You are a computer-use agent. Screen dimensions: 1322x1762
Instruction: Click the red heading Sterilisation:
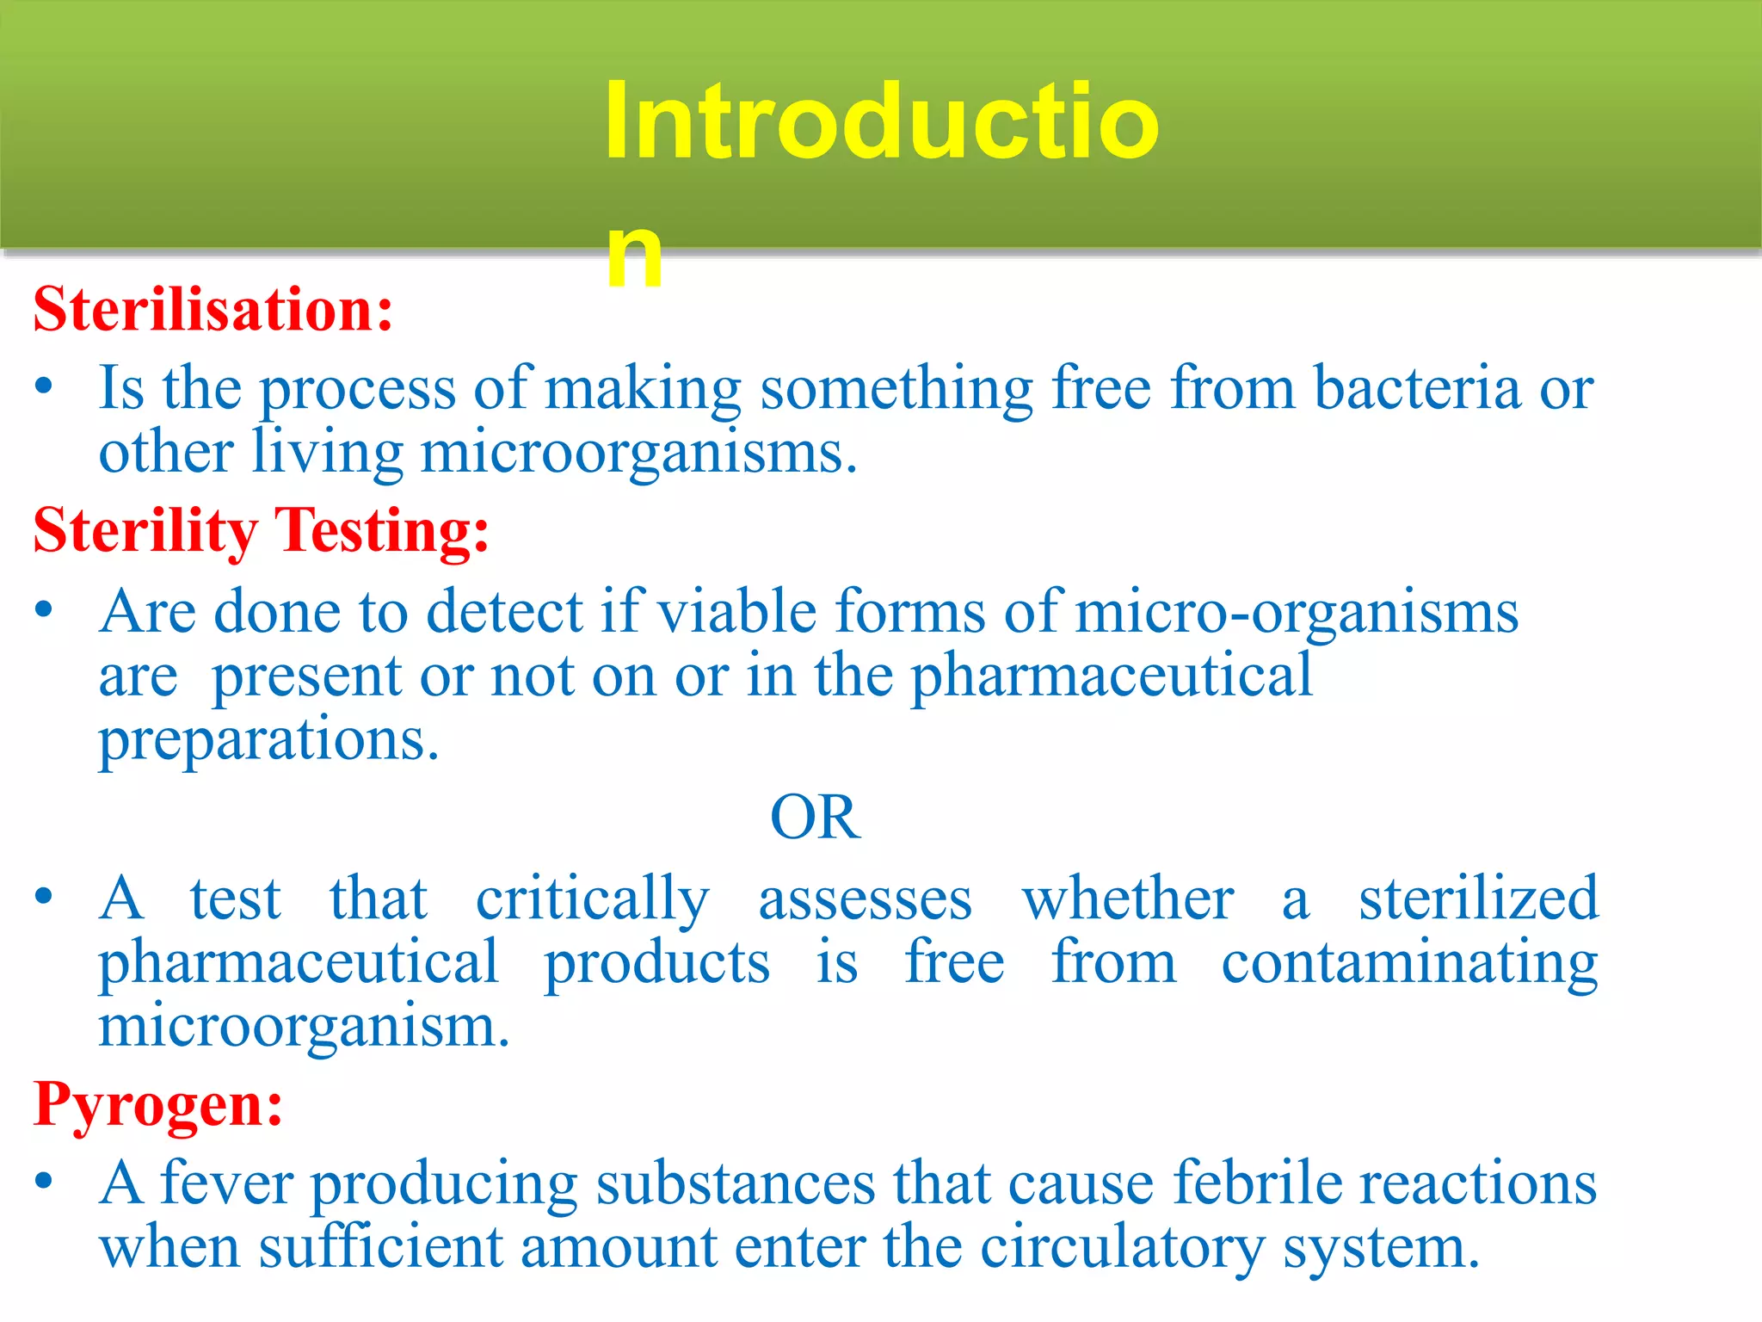(213, 309)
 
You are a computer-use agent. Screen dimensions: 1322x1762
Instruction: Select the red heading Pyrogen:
(158, 1103)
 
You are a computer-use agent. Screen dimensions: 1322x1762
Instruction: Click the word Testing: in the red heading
(381, 530)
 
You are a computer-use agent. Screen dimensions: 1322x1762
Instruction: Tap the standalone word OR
(815, 817)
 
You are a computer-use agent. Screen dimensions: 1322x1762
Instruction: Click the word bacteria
(1417, 388)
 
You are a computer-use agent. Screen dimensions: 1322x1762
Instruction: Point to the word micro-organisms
(1297, 612)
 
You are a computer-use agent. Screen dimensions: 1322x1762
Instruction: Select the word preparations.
(269, 740)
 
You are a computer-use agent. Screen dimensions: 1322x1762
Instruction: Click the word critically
(593, 900)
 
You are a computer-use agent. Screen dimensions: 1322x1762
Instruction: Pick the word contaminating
(1409, 963)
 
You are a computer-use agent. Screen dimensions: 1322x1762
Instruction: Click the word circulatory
(1123, 1247)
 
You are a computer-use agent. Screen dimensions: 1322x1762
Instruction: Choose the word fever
(227, 1183)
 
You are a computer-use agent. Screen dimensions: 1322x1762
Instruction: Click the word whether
(1128, 899)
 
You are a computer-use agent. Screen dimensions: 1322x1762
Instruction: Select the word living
(328, 453)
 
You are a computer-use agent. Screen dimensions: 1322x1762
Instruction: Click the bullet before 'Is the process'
(45, 386)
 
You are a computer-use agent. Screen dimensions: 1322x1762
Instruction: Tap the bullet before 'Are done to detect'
(45, 610)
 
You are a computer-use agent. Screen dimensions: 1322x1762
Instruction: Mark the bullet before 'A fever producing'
(45, 1181)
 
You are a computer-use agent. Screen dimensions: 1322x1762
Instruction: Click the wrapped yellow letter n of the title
(634, 256)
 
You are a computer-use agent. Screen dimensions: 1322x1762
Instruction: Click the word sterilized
(1477, 899)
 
